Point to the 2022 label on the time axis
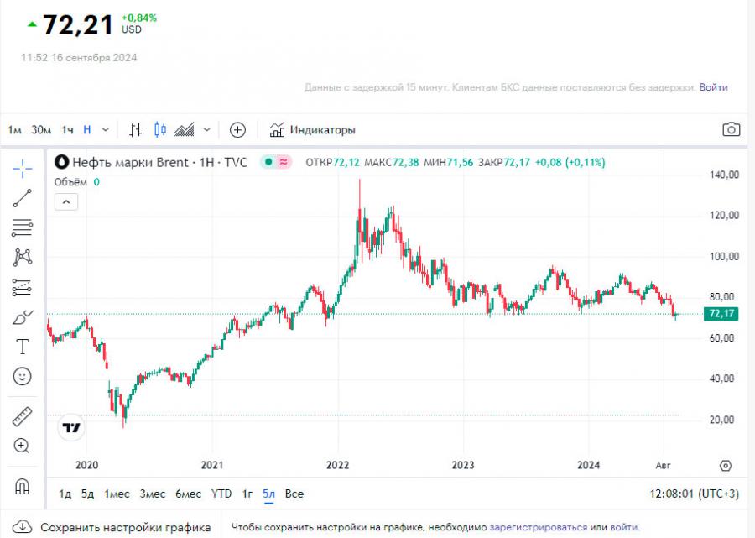click(337, 465)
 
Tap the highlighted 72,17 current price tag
click(722, 314)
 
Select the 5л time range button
click(268, 494)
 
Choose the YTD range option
click(221, 494)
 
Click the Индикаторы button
click(313, 130)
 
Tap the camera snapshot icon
click(732, 129)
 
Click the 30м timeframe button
click(41, 130)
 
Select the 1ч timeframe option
click(68, 130)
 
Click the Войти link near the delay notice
click(713, 87)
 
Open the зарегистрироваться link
click(539, 527)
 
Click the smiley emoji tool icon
click(23, 376)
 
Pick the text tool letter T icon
click(23, 347)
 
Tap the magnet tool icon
click(23, 486)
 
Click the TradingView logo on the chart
click(72, 427)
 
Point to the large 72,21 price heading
click(77, 24)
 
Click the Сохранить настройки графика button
click(113, 527)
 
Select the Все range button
click(294, 494)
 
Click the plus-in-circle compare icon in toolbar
click(237, 130)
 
